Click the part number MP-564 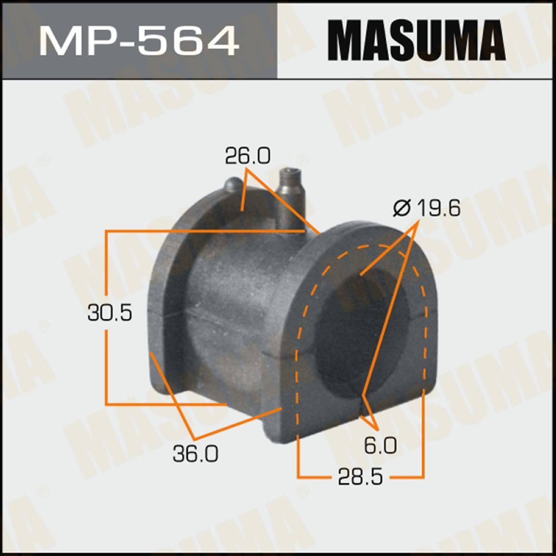[139, 41]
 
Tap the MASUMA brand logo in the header [417, 40]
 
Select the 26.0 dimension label [248, 156]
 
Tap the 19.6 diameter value [439, 208]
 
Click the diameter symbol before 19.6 [401, 208]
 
